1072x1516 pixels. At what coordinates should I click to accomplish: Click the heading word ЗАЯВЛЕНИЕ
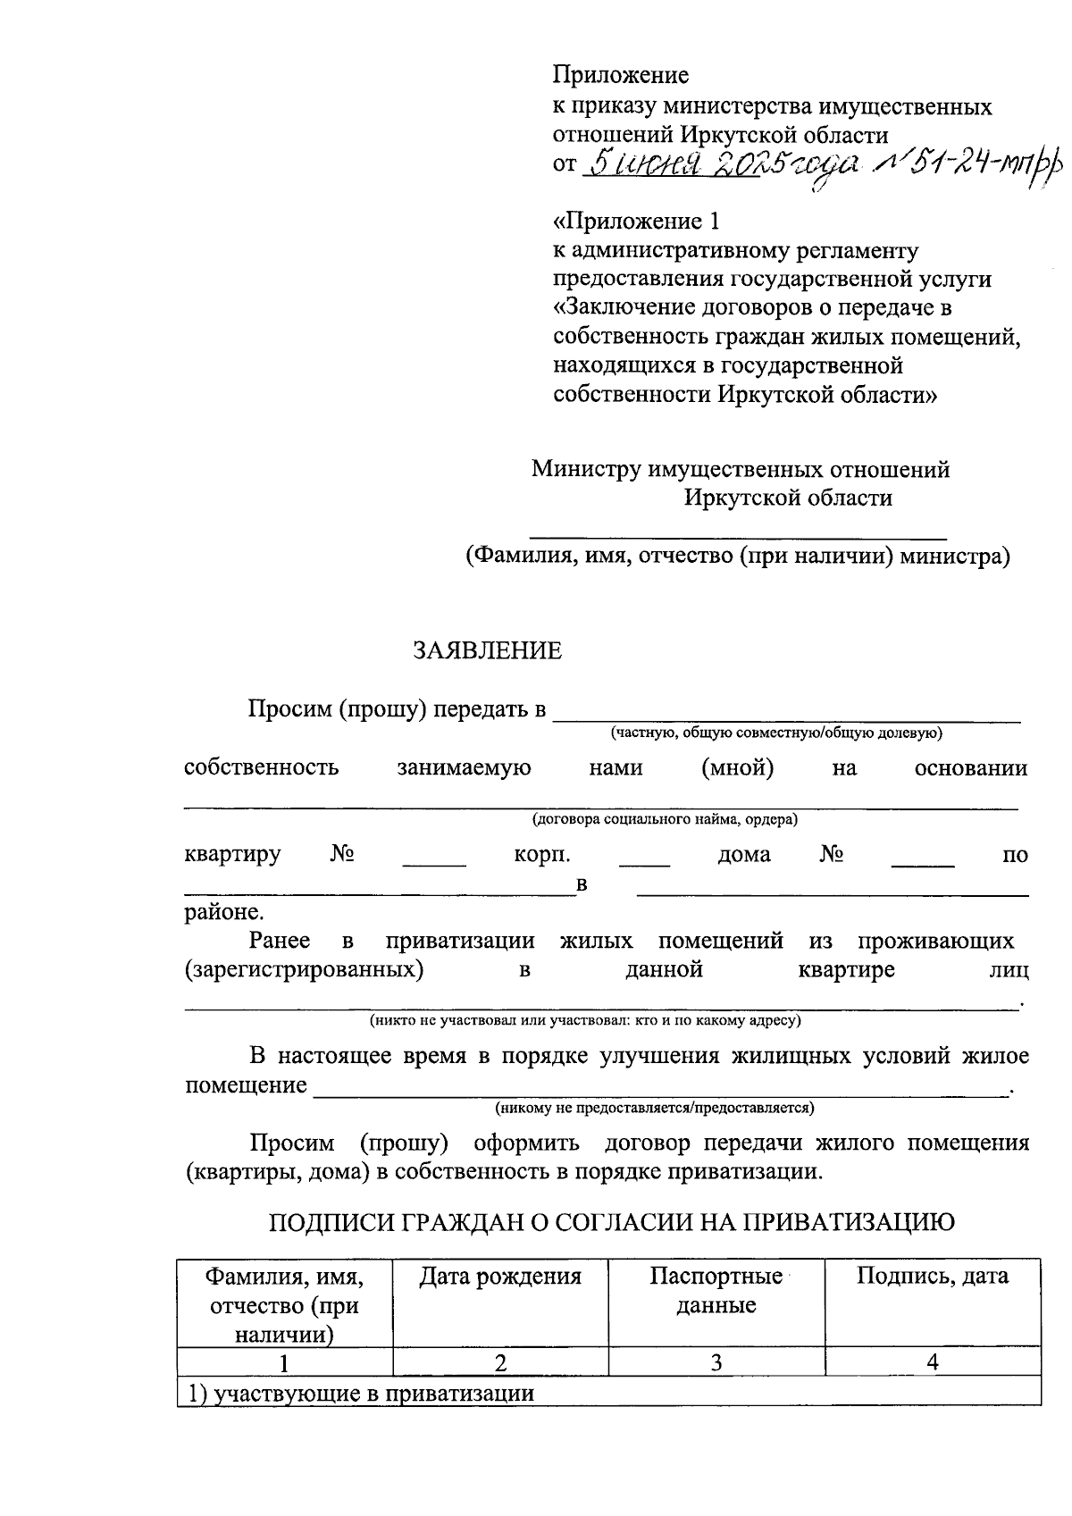pos(487,651)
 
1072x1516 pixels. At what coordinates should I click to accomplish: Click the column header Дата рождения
pos(500,1277)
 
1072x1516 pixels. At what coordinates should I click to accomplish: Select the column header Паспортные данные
pos(716,1291)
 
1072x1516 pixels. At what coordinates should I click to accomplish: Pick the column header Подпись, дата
pos(932,1277)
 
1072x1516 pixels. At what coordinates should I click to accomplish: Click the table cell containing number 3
pos(716,1362)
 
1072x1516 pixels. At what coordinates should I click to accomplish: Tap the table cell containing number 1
pos(284,1362)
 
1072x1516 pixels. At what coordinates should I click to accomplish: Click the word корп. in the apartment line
pos(542,855)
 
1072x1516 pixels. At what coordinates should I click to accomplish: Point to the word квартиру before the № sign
pos(232,855)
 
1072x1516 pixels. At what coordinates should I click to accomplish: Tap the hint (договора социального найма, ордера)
pos(665,818)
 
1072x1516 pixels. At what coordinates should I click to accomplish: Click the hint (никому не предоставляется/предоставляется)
pos(655,1108)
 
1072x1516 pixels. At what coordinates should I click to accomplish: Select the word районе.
pos(224,913)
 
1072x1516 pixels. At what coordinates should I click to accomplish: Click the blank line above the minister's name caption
pos(738,536)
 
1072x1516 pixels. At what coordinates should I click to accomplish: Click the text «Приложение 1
pos(635,221)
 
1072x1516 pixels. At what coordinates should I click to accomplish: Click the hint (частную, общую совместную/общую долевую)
pos(776,733)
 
